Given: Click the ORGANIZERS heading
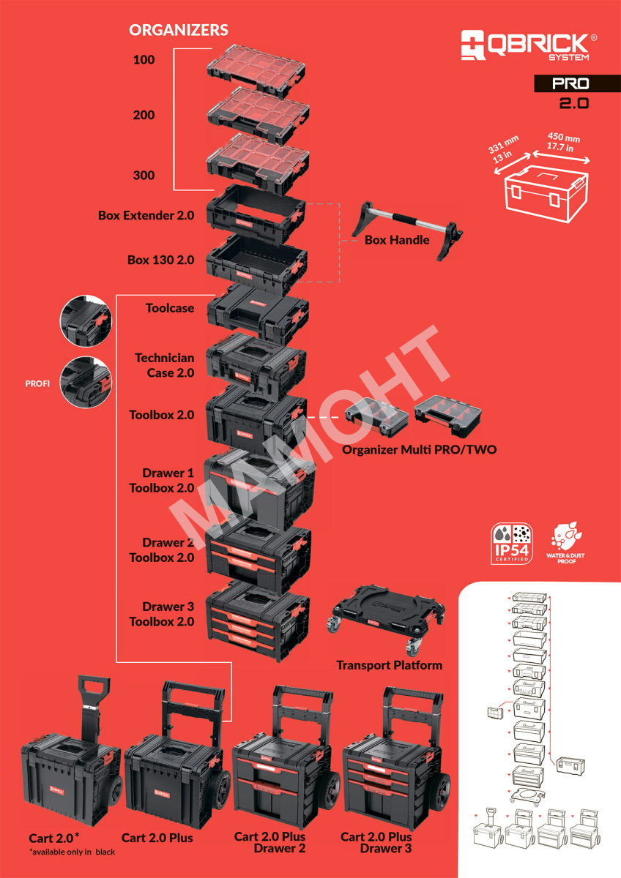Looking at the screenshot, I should tap(179, 30).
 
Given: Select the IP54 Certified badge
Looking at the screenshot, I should tap(512, 544).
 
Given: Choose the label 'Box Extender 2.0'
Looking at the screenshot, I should tap(146, 216).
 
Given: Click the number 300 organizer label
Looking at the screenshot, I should tap(144, 175).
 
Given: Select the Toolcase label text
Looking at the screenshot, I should tap(170, 308).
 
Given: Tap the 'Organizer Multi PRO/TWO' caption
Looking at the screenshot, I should tap(419, 449).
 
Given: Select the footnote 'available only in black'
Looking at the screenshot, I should tap(72, 852).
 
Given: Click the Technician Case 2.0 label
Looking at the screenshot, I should tap(165, 365).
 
